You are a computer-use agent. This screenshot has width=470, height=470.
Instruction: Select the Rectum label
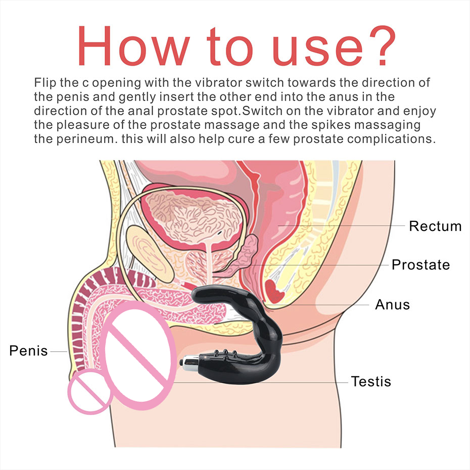point(435,226)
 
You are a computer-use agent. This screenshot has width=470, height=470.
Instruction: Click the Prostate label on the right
point(420,264)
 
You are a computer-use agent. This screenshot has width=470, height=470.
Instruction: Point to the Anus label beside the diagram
point(392,305)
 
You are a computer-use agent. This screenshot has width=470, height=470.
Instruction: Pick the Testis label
point(371,381)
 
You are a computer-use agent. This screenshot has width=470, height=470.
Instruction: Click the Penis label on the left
point(28,350)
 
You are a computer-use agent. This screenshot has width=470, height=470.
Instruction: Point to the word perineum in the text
point(85,139)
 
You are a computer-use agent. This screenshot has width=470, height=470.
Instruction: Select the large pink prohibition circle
point(136,357)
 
